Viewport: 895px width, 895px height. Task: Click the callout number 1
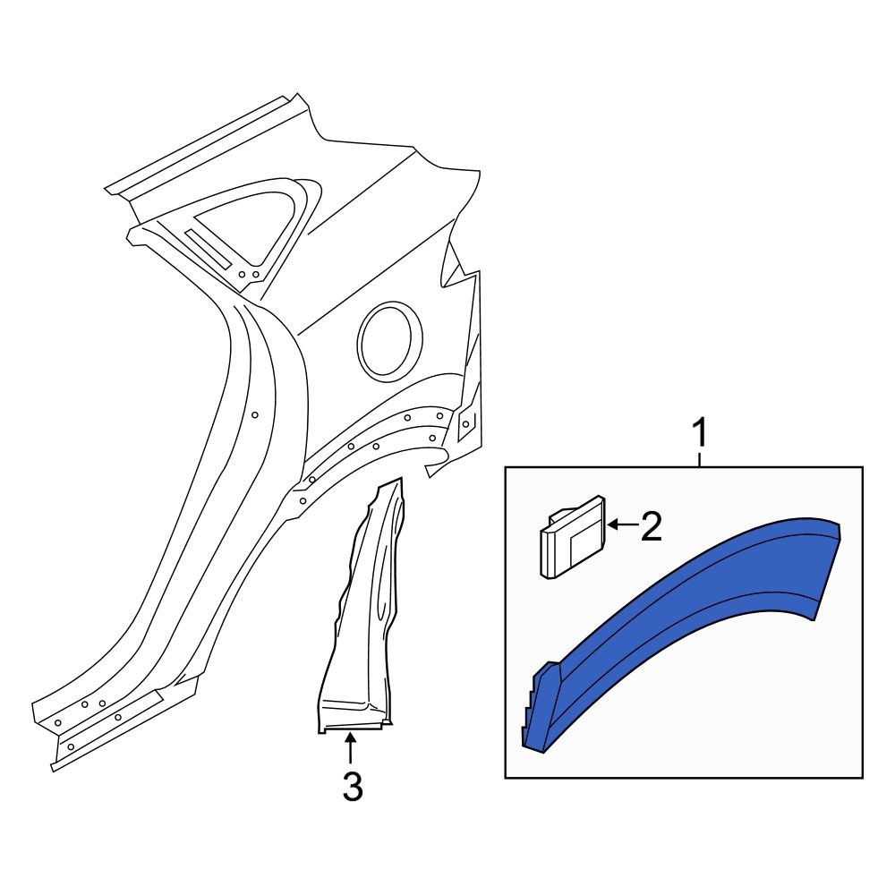(701, 433)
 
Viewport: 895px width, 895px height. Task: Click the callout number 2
(650, 527)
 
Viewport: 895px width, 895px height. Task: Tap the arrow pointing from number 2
(621, 525)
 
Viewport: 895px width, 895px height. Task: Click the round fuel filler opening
(390, 340)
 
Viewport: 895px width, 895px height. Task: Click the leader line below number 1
(701, 458)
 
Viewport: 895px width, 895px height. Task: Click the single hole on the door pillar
(255, 415)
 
